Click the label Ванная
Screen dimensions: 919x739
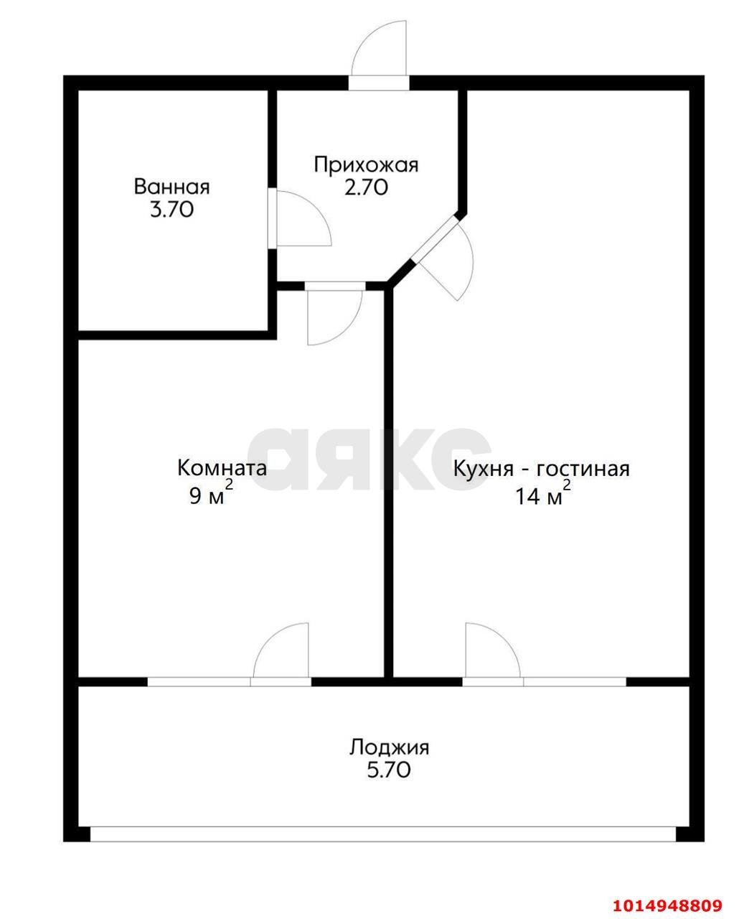pos(171,187)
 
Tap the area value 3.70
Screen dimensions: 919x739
pos(171,211)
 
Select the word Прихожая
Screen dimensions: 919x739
pos(366,165)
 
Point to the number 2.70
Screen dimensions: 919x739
pos(366,188)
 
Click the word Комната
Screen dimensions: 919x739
pos(222,469)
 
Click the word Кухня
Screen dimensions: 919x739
pos(483,470)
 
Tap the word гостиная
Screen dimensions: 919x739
pos(583,470)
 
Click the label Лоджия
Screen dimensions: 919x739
pos(389,747)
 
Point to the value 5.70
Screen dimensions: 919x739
pos(389,771)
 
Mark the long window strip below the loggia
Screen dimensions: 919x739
pos(383,834)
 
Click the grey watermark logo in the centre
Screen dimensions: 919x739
pos(369,459)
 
